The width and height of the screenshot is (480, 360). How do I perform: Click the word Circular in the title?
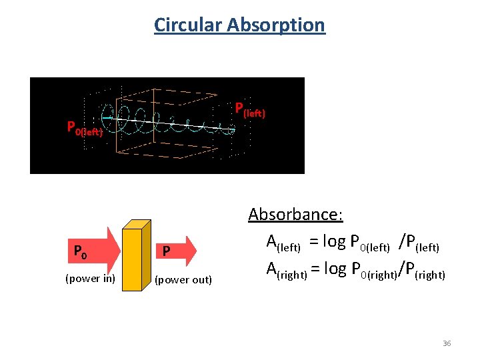[x=187, y=25]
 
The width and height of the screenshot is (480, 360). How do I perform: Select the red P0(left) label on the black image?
[x=84, y=128]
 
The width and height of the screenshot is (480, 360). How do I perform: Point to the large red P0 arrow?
[x=89, y=251]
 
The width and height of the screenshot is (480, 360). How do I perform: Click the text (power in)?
[x=90, y=279]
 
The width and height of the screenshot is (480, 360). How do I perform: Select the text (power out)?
[x=183, y=279]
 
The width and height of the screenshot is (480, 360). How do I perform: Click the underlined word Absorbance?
[x=295, y=215]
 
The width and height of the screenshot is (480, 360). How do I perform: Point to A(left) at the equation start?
[x=283, y=243]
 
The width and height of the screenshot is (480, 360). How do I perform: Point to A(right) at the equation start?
[x=287, y=270]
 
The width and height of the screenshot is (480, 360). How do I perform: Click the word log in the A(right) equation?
[x=337, y=269]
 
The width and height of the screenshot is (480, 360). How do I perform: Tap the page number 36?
[x=447, y=343]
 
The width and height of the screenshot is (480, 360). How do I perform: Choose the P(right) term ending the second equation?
[x=425, y=270]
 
